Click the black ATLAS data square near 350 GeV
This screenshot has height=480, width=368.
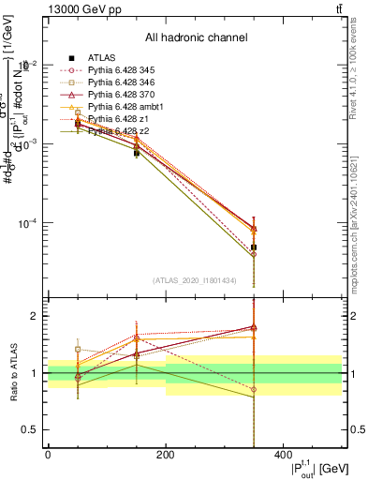[x=254, y=247]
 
